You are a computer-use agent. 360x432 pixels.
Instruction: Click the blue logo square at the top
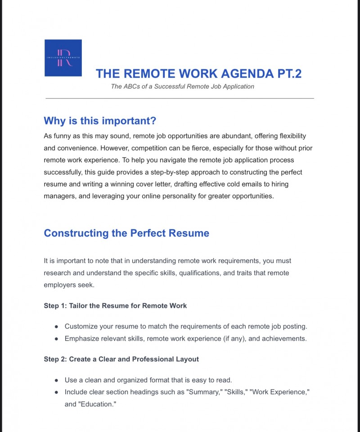click(63, 58)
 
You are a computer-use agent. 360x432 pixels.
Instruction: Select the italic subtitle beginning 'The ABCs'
click(182, 86)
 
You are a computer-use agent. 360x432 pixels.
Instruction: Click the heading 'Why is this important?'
click(100, 121)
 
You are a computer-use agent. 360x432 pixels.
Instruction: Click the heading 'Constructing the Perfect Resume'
click(126, 233)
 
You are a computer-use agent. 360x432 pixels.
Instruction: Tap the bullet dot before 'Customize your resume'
click(56, 327)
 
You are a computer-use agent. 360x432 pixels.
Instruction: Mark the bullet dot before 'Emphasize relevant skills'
click(56, 339)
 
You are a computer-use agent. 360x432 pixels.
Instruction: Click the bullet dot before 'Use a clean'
click(56, 380)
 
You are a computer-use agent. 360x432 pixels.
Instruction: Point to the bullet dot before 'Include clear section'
click(56, 392)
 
